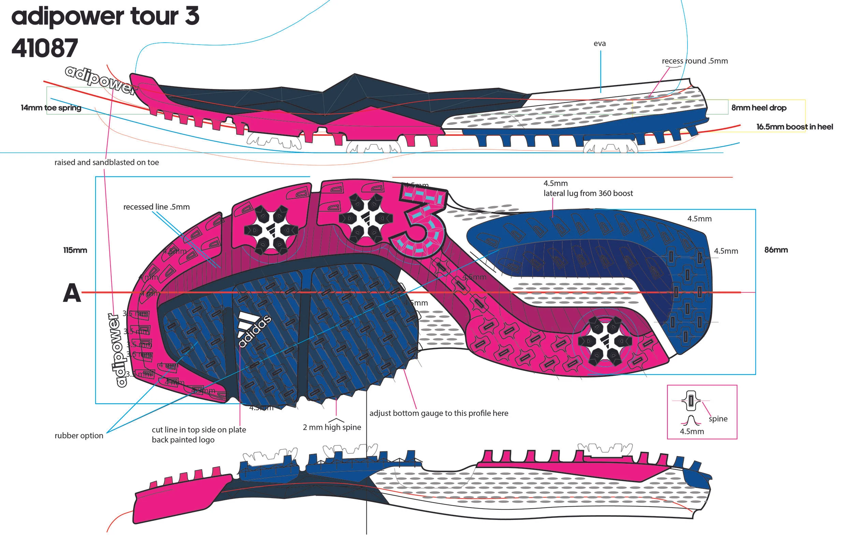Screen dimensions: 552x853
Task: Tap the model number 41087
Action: coord(45,48)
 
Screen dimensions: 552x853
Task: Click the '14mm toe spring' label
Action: coord(51,108)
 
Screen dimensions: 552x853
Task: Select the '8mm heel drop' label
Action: coord(759,108)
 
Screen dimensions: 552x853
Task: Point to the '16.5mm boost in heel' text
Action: coord(795,127)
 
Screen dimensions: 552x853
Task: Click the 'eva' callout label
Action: coord(599,44)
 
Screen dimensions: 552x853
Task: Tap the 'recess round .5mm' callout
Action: coord(695,61)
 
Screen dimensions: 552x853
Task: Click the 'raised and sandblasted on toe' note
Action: coord(106,162)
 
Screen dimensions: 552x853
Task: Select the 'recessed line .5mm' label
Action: coord(156,207)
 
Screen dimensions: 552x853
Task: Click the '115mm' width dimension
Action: coord(75,250)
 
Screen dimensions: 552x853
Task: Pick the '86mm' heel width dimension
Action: coord(776,250)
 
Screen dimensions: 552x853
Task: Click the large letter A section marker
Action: coord(72,293)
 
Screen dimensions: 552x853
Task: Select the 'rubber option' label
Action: coord(79,436)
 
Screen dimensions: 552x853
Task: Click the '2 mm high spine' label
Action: coord(332,427)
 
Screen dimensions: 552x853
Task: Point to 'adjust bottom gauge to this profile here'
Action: coord(439,413)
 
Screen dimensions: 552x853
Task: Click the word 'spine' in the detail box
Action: coord(718,419)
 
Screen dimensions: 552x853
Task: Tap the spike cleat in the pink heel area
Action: coord(605,340)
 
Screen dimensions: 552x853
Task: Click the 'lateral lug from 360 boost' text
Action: coord(588,193)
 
